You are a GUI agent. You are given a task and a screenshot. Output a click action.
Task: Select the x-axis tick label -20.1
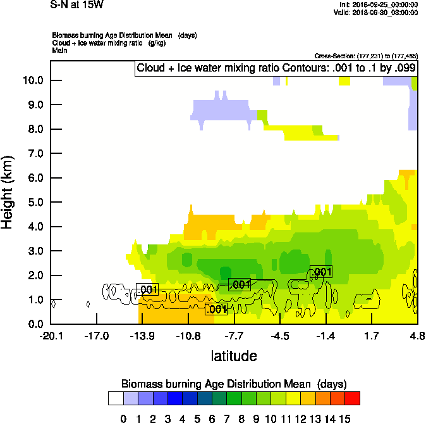click(x=51, y=335)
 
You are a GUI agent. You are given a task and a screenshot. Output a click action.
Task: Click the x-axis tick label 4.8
click(x=417, y=335)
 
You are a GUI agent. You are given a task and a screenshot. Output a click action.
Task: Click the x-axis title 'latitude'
click(x=234, y=356)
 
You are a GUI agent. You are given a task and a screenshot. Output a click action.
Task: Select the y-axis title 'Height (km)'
click(x=8, y=193)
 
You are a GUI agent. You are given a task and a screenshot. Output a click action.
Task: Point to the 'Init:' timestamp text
click(x=378, y=5)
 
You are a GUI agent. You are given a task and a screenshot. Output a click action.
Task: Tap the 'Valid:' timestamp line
click(x=378, y=12)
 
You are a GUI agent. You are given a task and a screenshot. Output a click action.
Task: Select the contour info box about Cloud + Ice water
click(x=276, y=68)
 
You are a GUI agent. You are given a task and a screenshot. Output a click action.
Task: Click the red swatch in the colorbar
click(x=353, y=398)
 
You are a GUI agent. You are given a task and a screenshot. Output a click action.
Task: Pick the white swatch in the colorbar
click(x=115, y=398)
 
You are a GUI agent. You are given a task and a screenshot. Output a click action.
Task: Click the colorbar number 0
click(x=123, y=418)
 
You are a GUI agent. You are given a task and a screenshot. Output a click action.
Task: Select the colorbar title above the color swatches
click(x=234, y=384)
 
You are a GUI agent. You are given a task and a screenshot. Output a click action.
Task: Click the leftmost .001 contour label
click(x=147, y=290)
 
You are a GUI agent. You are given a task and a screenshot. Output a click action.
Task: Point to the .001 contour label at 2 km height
click(x=321, y=272)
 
